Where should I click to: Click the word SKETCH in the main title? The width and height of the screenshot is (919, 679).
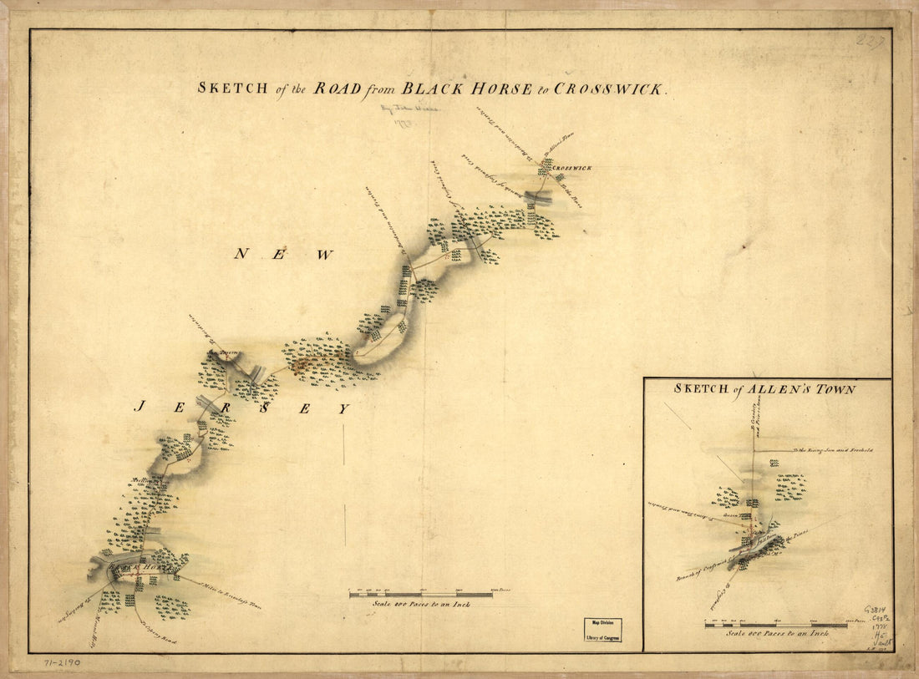[231, 87]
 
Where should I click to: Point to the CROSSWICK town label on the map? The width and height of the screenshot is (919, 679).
[572, 168]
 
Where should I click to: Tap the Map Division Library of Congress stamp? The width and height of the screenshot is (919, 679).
[602, 630]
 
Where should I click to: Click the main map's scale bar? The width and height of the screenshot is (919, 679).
[421, 595]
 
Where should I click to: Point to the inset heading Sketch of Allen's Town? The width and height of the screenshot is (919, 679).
[764, 389]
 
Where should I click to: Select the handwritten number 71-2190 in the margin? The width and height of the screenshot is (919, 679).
[63, 662]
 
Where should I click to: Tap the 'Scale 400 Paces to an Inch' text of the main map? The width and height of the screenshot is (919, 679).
[421, 605]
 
